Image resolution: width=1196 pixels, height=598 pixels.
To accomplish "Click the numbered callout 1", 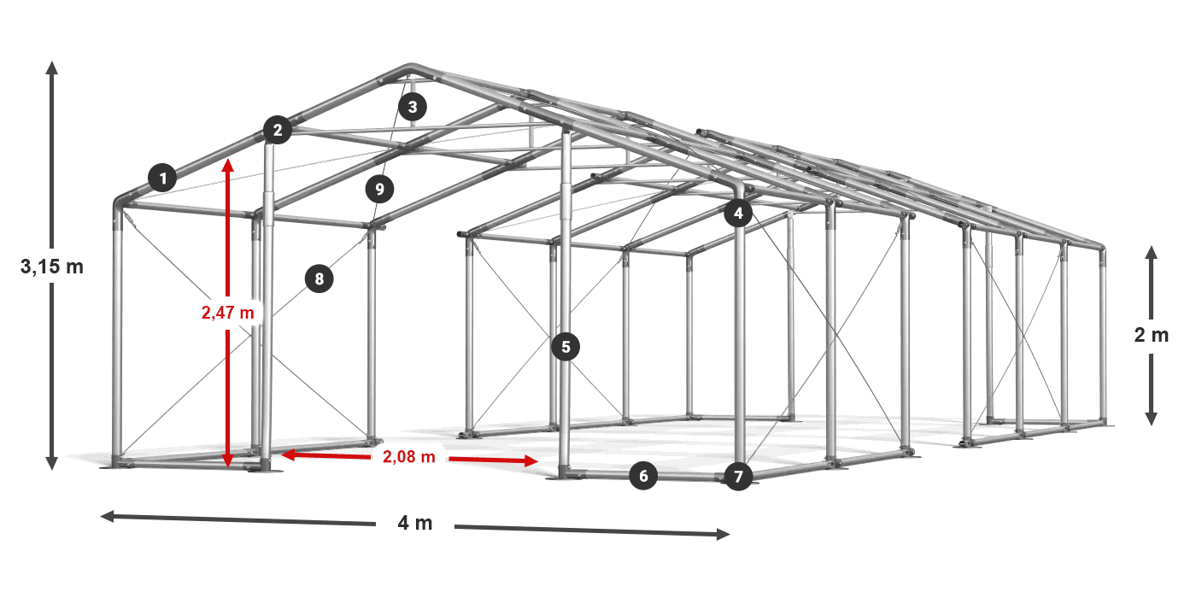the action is [163, 178].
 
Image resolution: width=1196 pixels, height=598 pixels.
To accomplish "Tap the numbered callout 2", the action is [278, 130].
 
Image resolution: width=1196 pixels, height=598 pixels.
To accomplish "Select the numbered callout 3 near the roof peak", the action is [413, 107].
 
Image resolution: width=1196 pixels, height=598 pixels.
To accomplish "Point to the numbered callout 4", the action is [738, 214].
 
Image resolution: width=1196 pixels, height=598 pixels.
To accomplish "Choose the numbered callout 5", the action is [566, 347].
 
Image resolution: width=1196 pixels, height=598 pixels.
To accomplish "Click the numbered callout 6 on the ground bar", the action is [643, 476].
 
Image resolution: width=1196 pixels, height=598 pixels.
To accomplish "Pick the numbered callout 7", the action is [738, 477].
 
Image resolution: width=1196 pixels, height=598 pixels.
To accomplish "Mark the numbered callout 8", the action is [320, 278].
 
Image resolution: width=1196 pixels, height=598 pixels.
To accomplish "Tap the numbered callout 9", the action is [379, 189].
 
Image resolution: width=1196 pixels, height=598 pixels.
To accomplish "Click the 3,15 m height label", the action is [52, 267].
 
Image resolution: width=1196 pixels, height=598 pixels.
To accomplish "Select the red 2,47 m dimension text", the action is [228, 313].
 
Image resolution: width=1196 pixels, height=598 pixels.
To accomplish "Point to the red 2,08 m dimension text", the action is [409, 456].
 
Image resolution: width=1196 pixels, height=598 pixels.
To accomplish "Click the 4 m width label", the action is [415, 523].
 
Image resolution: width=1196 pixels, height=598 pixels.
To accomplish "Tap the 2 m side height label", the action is [1152, 335].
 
